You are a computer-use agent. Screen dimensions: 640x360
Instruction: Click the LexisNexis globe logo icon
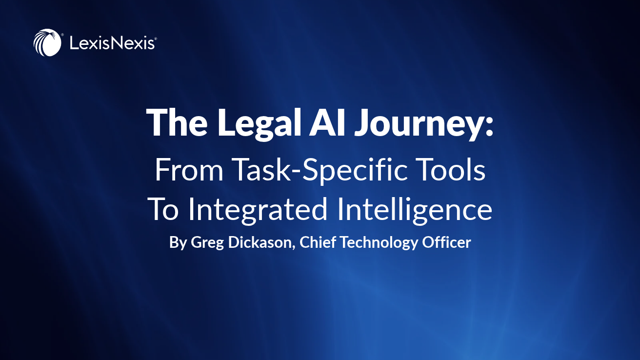coord(47,42)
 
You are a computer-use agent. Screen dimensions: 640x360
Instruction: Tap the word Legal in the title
coord(260,123)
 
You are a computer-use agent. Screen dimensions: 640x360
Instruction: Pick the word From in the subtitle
coord(189,170)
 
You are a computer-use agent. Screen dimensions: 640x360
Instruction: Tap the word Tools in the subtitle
coord(447,169)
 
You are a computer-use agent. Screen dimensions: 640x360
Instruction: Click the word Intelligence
coord(415,210)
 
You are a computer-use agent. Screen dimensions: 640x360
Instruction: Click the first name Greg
coord(207,243)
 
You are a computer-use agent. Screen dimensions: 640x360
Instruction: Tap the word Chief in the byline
coord(318,242)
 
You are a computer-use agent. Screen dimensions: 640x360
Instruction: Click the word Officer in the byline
coord(446,242)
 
